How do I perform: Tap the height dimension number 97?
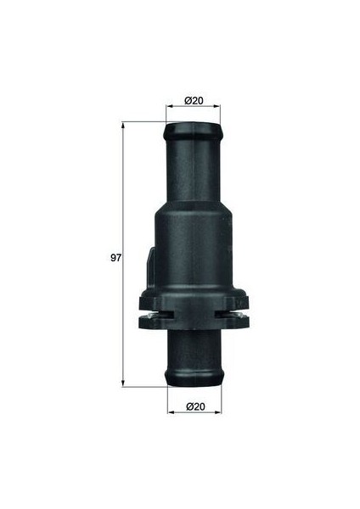click(116, 257)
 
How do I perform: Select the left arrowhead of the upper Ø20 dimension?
click(167, 107)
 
